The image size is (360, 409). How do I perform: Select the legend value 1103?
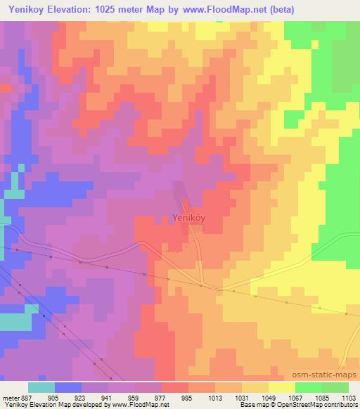point(348,397)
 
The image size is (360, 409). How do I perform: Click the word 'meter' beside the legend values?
point(11,397)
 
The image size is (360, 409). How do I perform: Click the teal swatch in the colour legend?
point(41,387)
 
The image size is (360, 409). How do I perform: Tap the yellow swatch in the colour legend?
point(282,387)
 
